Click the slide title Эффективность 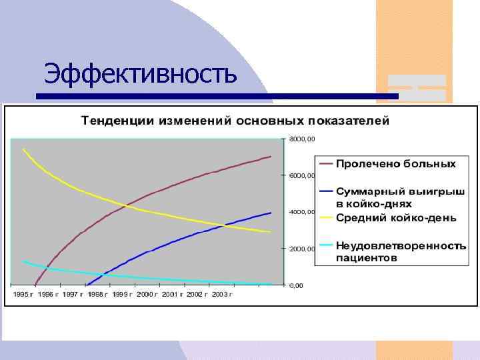(141, 73)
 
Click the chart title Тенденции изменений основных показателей (235, 121)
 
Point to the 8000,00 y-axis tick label (303, 139)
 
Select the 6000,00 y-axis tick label (303, 176)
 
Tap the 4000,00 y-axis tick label (303, 212)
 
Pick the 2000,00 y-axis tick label (303, 249)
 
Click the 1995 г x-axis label (23, 294)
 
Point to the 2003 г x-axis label (219, 294)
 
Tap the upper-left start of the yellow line (23, 149)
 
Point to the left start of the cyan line (23, 261)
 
